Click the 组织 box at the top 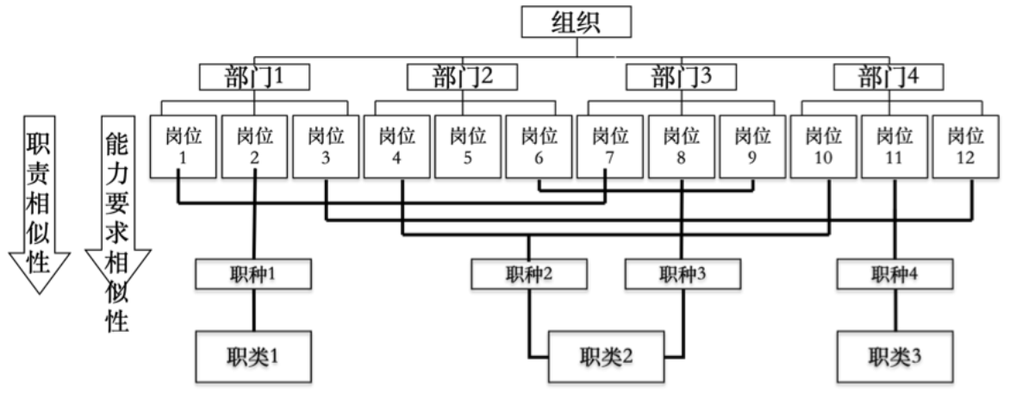point(577,23)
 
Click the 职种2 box point(529,275)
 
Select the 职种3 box point(683,275)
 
